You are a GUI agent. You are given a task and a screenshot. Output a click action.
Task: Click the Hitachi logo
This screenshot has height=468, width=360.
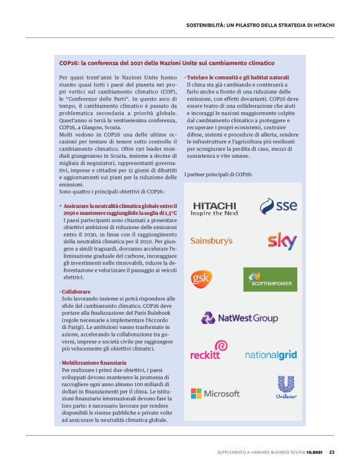214,208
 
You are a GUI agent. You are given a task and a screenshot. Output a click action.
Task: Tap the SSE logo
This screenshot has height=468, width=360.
278,206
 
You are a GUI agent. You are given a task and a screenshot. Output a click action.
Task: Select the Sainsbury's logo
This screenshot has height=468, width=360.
211,240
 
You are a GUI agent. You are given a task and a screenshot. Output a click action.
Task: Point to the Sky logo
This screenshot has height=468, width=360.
282,241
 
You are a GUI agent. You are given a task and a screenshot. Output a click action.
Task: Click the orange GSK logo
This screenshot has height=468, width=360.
202,278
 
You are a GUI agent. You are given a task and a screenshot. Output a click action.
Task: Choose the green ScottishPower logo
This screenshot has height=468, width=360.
270,279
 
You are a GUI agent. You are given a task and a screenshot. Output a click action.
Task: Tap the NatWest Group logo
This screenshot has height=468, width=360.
239,318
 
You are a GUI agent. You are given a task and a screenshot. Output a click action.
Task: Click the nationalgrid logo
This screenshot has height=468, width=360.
271,355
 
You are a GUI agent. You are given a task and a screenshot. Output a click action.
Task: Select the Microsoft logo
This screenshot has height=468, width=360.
215,394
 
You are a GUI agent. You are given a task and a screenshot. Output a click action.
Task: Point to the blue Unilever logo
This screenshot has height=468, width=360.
286,388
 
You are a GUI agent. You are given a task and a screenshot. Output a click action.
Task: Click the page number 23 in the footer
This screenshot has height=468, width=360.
332,452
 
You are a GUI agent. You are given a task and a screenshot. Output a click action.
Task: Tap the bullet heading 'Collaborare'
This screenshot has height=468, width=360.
76,291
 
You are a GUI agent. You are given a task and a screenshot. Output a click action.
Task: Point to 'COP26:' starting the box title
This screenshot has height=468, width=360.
71,63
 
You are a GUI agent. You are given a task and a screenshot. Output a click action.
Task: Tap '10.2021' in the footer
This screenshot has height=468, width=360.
313,452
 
